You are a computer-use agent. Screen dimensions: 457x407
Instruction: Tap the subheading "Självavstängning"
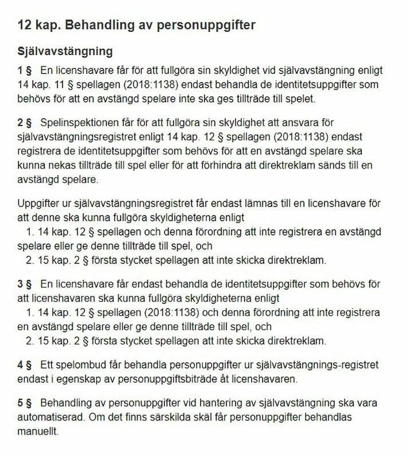pyautogui.click(x=65, y=51)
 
